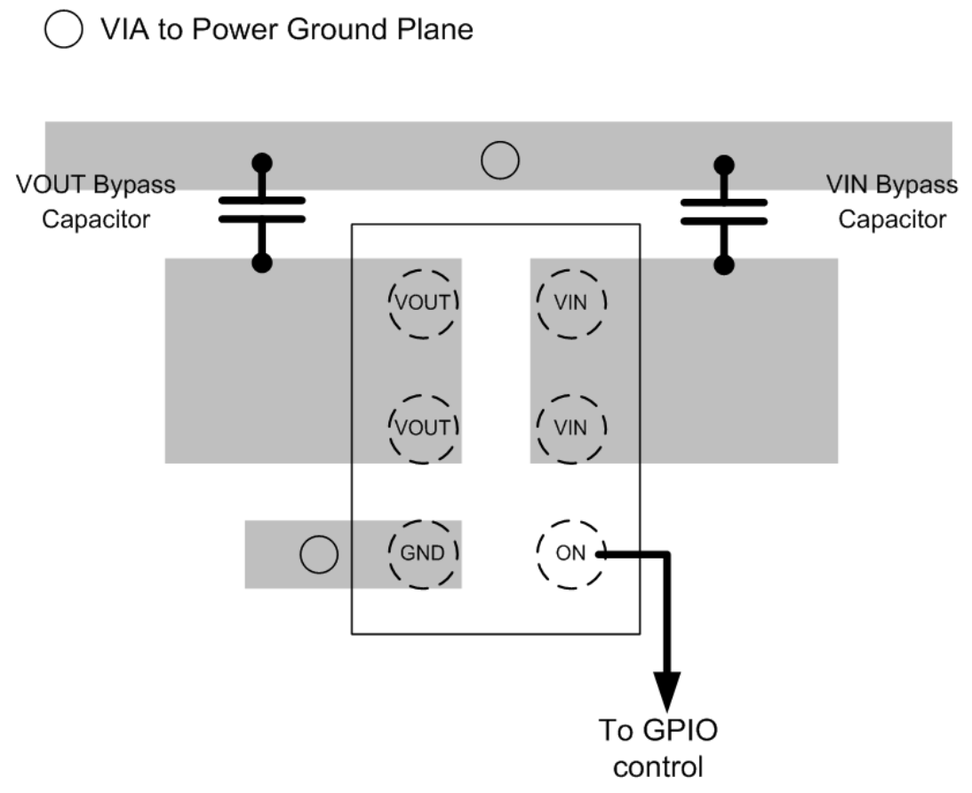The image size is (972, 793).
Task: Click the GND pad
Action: point(424,553)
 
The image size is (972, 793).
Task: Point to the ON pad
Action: point(570,553)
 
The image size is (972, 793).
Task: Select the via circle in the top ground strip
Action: point(500,161)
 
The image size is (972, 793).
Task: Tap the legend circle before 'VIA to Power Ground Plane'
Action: point(62,31)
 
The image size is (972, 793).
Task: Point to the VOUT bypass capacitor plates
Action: point(262,210)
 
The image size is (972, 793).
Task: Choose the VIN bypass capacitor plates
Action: point(724,210)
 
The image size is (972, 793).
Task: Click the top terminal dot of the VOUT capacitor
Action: point(262,163)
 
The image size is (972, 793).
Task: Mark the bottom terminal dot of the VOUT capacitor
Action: point(262,263)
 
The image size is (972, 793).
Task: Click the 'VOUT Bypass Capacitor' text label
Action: point(95,202)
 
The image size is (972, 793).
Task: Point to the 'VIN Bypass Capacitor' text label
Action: point(891,202)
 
